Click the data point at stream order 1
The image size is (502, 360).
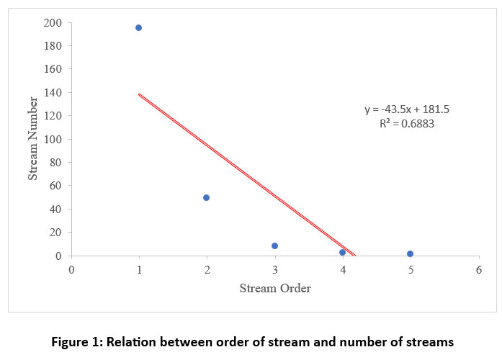[x=138, y=27]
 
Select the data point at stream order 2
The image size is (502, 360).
[x=206, y=197]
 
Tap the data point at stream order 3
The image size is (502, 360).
[x=274, y=246]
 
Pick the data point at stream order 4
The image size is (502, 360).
[x=342, y=252]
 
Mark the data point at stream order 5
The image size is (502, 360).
[x=410, y=253]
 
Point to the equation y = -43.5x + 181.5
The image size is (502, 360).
[x=407, y=109]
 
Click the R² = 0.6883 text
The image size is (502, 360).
[x=407, y=124]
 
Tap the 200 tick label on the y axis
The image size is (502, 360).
[x=53, y=22]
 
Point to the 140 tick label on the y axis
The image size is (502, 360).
[x=53, y=92]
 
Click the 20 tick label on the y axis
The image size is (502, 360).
[x=55, y=232]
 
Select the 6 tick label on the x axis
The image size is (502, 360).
[x=478, y=269]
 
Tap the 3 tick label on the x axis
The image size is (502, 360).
[x=274, y=269]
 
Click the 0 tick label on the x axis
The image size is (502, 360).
[x=71, y=269]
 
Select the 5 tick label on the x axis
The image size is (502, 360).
[x=411, y=269]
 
